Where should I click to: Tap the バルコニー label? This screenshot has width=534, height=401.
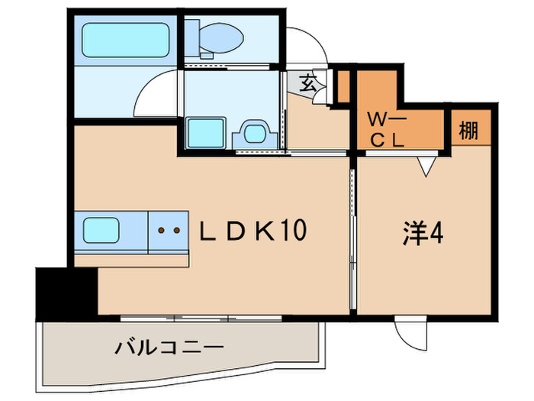(x=169, y=348)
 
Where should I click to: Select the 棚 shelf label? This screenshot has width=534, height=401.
(x=468, y=131)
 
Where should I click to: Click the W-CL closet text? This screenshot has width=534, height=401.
(x=388, y=130)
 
